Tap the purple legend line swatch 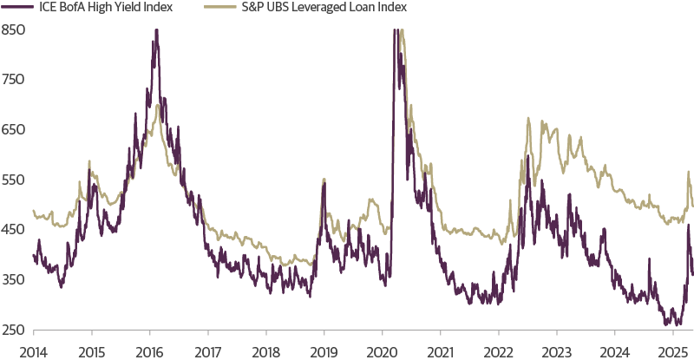13,8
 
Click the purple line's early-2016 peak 156,31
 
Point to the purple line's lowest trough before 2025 666,324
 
